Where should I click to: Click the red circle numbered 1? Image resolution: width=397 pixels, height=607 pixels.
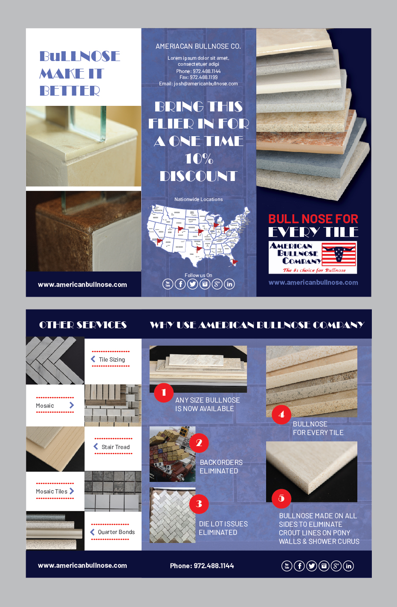tap(164, 392)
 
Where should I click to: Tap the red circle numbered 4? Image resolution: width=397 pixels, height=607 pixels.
tap(281, 414)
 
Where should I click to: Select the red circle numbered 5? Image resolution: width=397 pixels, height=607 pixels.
tap(281, 498)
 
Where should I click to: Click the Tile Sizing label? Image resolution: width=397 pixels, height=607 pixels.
tap(112, 359)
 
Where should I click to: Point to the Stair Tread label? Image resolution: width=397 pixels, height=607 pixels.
tap(116, 447)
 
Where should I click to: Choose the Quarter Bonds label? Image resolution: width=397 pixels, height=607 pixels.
tap(116, 532)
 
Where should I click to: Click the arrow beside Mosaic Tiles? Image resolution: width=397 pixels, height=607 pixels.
tap(72, 491)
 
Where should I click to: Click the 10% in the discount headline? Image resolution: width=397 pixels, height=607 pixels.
tap(199, 159)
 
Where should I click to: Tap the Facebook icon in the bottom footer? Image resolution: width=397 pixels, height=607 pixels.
tap(299, 566)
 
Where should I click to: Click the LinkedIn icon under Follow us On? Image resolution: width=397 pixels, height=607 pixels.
tap(229, 284)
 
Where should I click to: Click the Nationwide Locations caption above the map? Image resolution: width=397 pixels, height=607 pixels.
tap(198, 199)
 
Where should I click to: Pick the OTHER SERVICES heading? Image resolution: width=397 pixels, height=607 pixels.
tap(83, 325)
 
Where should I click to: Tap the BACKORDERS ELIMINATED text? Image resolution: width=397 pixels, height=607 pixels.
tap(221, 467)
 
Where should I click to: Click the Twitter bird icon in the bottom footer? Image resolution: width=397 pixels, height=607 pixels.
tap(312, 566)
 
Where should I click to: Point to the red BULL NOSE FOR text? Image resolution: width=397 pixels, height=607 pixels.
tap(313, 219)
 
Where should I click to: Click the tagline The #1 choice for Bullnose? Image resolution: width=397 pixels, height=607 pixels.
tap(314, 270)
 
